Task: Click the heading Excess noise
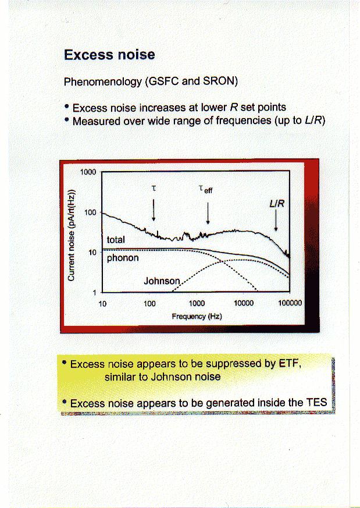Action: pyautogui.click(x=109, y=55)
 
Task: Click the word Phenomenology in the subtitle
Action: pyautogui.click(x=102, y=81)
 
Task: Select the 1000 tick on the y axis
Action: pyautogui.click(x=88, y=172)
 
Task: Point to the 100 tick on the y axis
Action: pyautogui.click(x=90, y=212)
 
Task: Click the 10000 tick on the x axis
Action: pyautogui.click(x=244, y=303)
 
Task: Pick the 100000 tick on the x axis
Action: pyautogui.click(x=290, y=303)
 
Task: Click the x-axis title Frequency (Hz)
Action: pyautogui.click(x=197, y=316)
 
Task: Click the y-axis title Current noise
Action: pyautogui.click(x=72, y=235)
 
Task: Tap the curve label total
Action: pyautogui.click(x=116, y=240)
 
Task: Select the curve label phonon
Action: pyautogui.click(x=123, y=258)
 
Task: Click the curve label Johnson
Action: pyautogui.click(x=162, y=281)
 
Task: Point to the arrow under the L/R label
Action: pyautogui.click(x=276, y=220)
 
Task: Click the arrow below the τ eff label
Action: pyautogui.click(x=208, y=213)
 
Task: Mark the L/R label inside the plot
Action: pyautogui.click(x=277, y=204)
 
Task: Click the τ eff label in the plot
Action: pyautogui.click(x=205, y=189)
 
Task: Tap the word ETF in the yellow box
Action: pyautogui.click(x=289, y=364)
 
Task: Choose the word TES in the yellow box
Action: pyautogui.click(x=316, y=403)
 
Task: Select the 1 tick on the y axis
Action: pyautogui.click(x=95, y=293)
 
